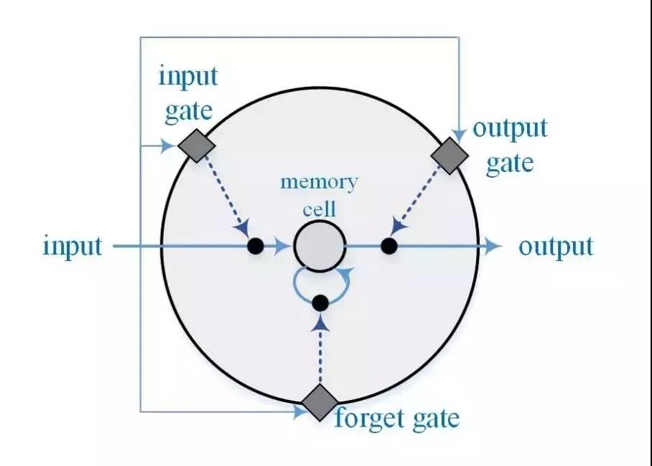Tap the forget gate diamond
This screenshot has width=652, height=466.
click(x=319, y=403)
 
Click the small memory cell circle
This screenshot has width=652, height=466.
click(x=320, y=246)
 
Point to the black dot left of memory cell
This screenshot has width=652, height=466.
click(x=255, y=246)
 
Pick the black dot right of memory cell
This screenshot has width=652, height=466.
click(x=388, y=246)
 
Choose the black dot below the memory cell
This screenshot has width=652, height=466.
click(x=320, y=303)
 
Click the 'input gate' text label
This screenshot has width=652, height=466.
click(x=188, y=92)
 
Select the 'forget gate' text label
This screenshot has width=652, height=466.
click(x=396, y=417)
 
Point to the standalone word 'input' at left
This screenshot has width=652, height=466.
click(x=73, y=247)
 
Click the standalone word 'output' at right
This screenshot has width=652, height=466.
click(x=556, y=246)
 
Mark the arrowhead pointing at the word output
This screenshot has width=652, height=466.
click(x=492, y=246)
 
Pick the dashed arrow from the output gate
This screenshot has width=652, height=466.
click(x=421, y=195)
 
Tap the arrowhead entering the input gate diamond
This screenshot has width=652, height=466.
click(x=169, y=146)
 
